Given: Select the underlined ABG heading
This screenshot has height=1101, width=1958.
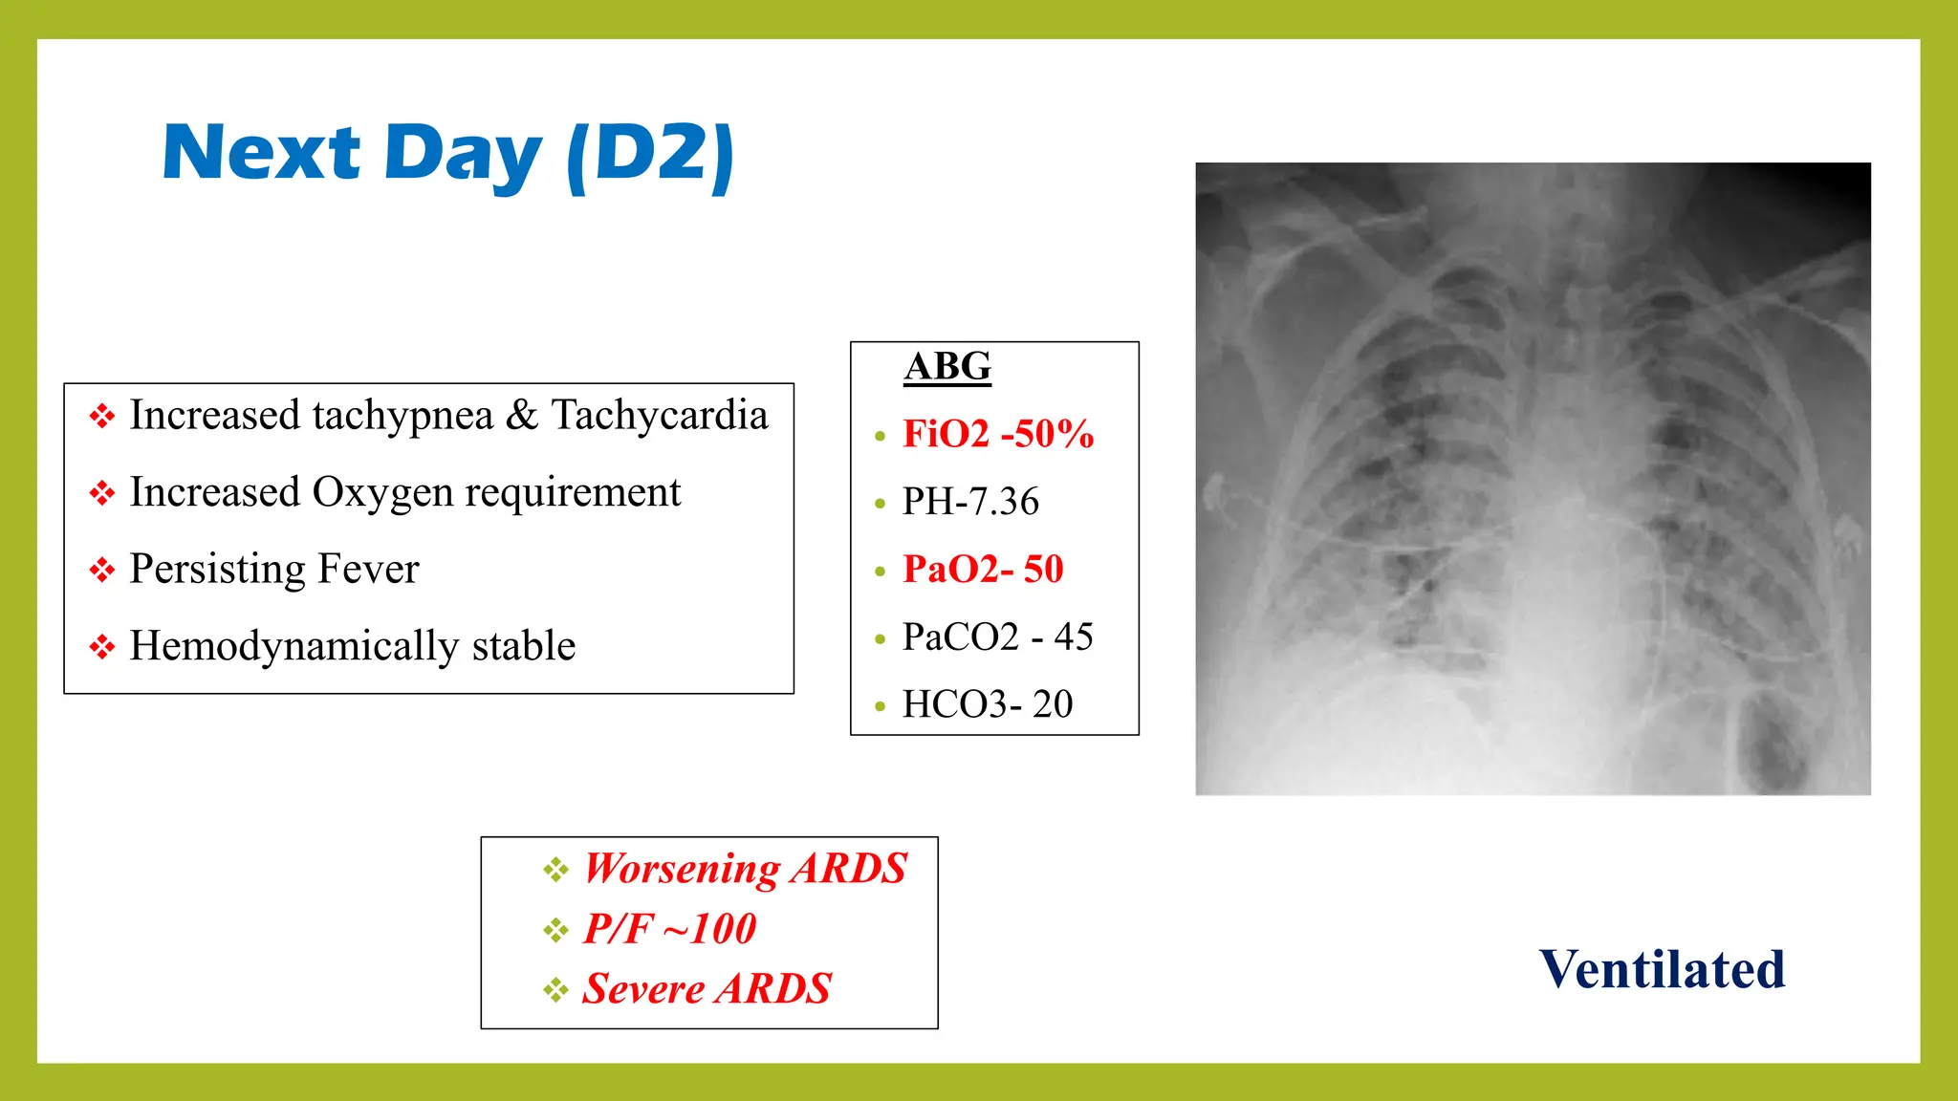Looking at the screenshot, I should pyautogui.click(x=947, y=367).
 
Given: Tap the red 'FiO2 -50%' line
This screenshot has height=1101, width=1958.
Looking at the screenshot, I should pyautogui.click(x=998, y=434).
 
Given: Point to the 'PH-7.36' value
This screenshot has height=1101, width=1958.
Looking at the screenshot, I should pyautogui.click(x=970, y=502).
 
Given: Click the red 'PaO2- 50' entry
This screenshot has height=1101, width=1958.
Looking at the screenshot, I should pyautogui.click(x=983, y=570).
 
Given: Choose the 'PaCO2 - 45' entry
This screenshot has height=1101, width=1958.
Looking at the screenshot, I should pyautogui.click(x=997, y=637).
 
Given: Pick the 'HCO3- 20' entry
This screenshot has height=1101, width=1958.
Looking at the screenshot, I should pyautogui.click(x=988, y=704).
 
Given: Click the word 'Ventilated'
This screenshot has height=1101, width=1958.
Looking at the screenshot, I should pyautogui.click(x=1662, y=969).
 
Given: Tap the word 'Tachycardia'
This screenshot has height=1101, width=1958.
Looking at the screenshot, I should pyautogui.click(x=660, y=416).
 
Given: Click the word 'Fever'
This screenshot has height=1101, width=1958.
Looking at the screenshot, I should pyautogui.click(x=368, y=570).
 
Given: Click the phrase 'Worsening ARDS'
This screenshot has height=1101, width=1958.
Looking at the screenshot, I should pyautogui.click(x=745, y=869).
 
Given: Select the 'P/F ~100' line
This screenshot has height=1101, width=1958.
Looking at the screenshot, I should pyautogui.click(x=669, y=929).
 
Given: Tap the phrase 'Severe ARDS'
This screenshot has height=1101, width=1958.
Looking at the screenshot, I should pyautogui.click(x=707, y=989).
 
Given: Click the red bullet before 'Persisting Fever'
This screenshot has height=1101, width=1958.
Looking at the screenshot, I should pyautogui.click(x=101, y=571).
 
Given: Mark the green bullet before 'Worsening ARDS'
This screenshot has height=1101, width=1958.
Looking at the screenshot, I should pyautogui.click(x=555, y=870).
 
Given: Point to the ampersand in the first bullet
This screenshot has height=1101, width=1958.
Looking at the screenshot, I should pyautogui.click(x=522, y=416).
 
